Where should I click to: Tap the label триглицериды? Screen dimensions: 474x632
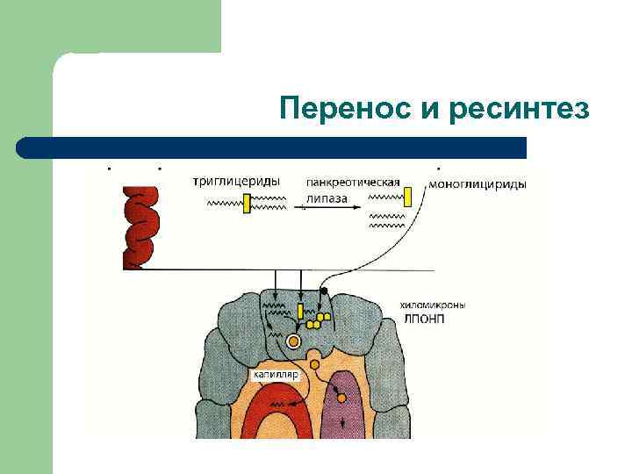pyautogui.click(x=236, y=182)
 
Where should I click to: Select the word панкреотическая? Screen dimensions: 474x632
pyautogui.click(x=353, y=183)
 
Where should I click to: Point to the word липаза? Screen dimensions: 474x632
pyautogui.click(x=327, y=198)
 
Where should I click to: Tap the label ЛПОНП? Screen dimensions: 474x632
pyautogui.click(x=425, y=319)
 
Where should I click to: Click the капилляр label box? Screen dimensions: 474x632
pyautogui.click(x=276, y=375)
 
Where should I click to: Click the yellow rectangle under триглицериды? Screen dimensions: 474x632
pyautogui.click(x=248, y=203)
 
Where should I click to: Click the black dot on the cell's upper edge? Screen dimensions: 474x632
pyautogui.click(x=324, y=291)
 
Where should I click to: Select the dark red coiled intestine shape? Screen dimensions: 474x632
pyautogui.click(x=140, y=226)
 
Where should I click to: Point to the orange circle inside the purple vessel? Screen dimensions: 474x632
pyautogui.click(x=341, y=397)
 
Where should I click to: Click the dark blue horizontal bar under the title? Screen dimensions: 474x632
pyautogui.click(x=272, y=147)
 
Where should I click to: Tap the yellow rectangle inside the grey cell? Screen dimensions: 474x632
pyautogui.click(x=300, y=311)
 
